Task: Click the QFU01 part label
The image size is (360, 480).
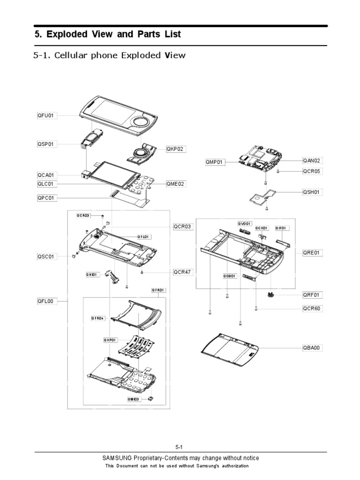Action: click(x=46, y=115)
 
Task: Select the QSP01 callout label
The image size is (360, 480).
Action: click(x=46, y=144)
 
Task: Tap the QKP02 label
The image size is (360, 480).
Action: click(x=175, y=149)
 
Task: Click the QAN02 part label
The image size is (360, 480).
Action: click(x=313, y=160)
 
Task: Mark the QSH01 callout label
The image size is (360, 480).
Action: click(x=313, y=192)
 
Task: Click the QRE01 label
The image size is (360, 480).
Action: click(x=313, y=252)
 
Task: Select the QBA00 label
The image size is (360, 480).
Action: click(x=313, y=348)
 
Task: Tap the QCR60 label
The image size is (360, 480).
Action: click(x=313, y=309)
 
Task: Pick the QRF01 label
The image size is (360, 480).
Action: click(x=313, y=295)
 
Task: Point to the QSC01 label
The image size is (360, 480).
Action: click(x=46, y=256)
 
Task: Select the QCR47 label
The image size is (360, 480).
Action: click(x=182, y=271)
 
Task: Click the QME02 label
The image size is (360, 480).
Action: click(x=175, y=184)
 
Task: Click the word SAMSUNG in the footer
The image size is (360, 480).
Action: click(x=117, y=458)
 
